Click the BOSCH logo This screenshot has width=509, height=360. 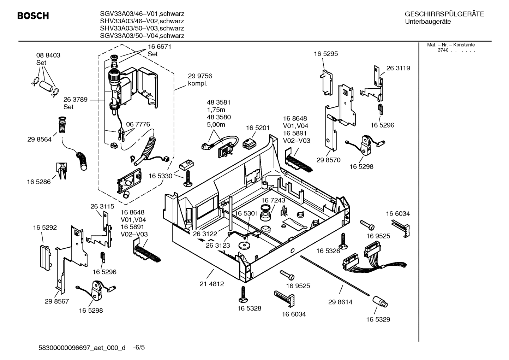pos(33,16)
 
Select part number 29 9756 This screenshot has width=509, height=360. pos(200,76)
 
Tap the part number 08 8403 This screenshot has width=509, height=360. pos(48,55)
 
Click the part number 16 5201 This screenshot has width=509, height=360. pos(258,128)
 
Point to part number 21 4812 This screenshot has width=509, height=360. pos(212,284)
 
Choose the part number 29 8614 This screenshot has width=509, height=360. pos(340,302)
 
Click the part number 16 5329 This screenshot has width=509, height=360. pos(378,319)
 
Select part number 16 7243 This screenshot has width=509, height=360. pos(273,200)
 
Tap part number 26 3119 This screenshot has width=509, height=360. pos(398,68)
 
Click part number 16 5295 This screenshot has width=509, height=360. pos(326,54)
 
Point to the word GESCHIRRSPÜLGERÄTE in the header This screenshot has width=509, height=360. pos(444,14)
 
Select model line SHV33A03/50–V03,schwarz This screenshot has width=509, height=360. pos(142,28)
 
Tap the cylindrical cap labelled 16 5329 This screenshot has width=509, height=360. pos(379,302)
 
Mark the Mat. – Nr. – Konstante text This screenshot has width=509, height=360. pos(451,45)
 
